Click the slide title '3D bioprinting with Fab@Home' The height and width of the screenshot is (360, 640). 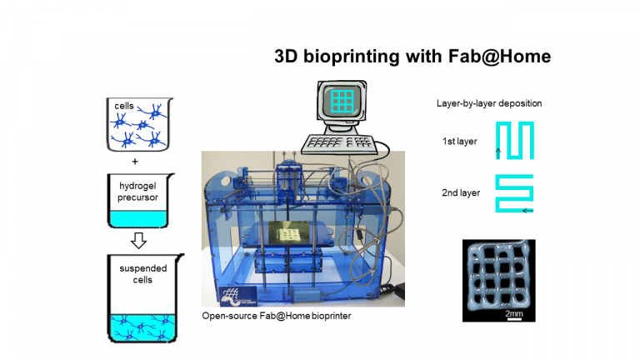412,57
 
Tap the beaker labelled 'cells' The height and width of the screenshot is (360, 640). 139,124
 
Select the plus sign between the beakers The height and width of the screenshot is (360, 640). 135,162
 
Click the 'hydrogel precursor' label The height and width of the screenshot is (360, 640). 138,192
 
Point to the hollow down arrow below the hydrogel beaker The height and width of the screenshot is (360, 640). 139,240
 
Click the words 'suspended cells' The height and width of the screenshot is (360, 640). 142,274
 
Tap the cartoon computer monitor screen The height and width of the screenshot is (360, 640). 342,102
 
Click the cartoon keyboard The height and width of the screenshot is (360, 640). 340,144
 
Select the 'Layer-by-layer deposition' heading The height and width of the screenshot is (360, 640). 489,103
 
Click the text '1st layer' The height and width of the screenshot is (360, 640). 460,141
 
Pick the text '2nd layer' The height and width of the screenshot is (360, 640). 461,192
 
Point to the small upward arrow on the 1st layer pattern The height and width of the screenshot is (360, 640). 498,153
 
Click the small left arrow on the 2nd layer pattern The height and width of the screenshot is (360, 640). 527,211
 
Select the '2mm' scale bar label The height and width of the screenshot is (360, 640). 514,313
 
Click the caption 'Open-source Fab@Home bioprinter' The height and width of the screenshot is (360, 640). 277,316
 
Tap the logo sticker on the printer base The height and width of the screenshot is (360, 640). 238,297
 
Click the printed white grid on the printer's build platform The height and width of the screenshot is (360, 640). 290,235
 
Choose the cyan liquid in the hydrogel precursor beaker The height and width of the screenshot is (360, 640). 138,219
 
